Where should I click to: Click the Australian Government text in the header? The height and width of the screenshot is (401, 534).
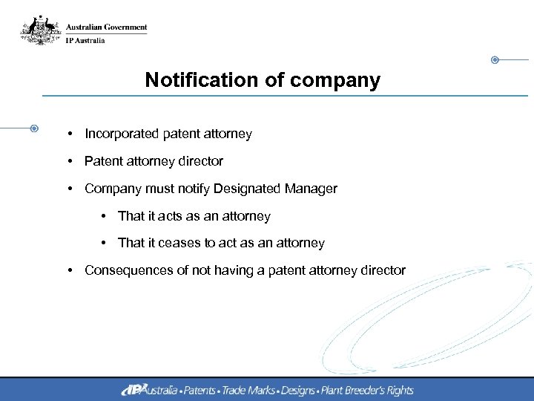106,27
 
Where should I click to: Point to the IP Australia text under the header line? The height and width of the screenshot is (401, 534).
85,40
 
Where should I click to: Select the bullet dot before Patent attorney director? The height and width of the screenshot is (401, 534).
68,161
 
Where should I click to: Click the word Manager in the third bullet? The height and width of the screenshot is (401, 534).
311,189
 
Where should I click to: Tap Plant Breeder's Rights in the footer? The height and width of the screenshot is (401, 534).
366,390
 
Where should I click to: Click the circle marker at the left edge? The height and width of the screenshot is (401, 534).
34,128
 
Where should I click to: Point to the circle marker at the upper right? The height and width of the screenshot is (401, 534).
495,59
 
